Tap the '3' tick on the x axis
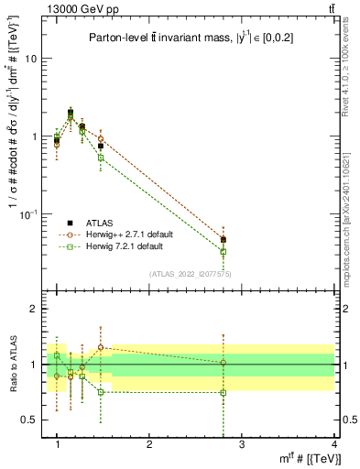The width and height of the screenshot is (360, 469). (x=241, y=444)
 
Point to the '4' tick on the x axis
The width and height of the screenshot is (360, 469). (x=333, y=444)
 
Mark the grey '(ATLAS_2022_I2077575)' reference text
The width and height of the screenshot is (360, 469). (x=191, y=273)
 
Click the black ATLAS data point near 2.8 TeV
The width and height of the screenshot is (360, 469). (x=223, y=240)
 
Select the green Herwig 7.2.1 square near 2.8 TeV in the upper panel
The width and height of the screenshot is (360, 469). (x=223, y=251)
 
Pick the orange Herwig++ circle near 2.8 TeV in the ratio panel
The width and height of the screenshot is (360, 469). (x=223, y=363)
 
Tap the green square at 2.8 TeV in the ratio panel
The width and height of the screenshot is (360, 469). (x=223, y=393)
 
